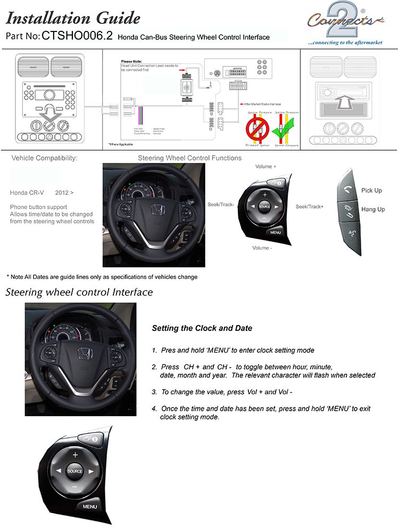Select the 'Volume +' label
point(266,167)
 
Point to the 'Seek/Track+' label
point(310,206)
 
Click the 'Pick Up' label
point(371,191)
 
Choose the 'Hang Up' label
point(373,210)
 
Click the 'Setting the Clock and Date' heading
point(202,328)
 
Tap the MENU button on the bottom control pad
point(90,506)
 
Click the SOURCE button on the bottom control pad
point(75,472)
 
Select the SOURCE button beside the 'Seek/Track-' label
point(264,206)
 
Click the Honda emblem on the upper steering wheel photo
point(157,211)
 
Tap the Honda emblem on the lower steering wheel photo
point(84,354)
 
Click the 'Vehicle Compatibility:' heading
point(44,159)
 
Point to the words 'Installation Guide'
point(73,19)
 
